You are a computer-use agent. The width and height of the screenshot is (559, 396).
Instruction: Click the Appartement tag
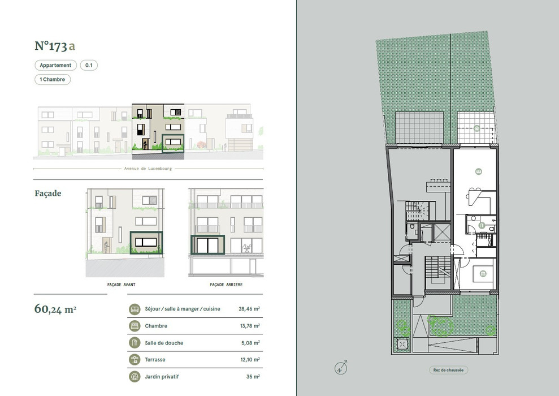55,65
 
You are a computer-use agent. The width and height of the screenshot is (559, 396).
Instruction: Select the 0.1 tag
89,65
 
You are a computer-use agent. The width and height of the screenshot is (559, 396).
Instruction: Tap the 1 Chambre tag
53,79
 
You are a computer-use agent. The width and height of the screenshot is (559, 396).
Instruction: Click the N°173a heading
55,46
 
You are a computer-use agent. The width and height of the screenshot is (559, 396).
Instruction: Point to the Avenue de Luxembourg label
148,169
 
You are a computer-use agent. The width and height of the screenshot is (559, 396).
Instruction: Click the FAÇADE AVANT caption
121,285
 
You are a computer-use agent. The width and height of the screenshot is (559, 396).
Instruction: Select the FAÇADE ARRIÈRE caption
226,285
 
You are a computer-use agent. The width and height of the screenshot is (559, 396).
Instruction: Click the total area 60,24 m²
55,308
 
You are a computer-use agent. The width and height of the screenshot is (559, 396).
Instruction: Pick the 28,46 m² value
249,309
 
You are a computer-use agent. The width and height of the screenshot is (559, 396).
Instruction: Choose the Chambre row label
156,326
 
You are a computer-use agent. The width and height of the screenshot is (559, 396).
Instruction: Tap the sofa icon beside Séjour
135,309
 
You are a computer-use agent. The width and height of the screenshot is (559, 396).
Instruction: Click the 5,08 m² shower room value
250,343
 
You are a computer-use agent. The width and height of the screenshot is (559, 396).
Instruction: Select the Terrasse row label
155,360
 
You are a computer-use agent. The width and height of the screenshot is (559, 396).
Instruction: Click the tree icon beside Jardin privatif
135,377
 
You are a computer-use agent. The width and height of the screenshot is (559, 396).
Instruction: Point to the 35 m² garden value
253,377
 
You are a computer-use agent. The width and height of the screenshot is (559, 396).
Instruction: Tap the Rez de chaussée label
448,370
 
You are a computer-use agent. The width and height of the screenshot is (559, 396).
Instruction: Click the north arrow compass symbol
341,368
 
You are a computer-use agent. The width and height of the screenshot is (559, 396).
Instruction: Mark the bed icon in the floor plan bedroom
483,274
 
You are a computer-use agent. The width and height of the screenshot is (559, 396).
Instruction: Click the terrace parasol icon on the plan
477,128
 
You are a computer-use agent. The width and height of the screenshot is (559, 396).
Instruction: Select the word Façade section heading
48,193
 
